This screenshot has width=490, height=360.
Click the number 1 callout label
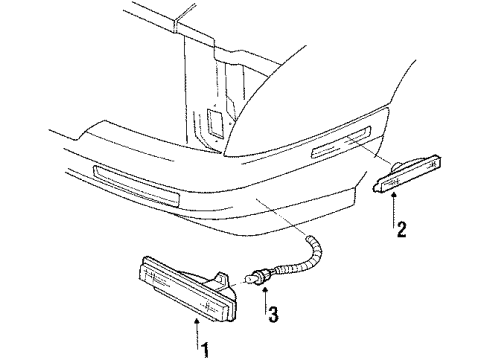click(207, 349)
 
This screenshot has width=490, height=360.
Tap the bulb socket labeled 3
click(262, 278)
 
